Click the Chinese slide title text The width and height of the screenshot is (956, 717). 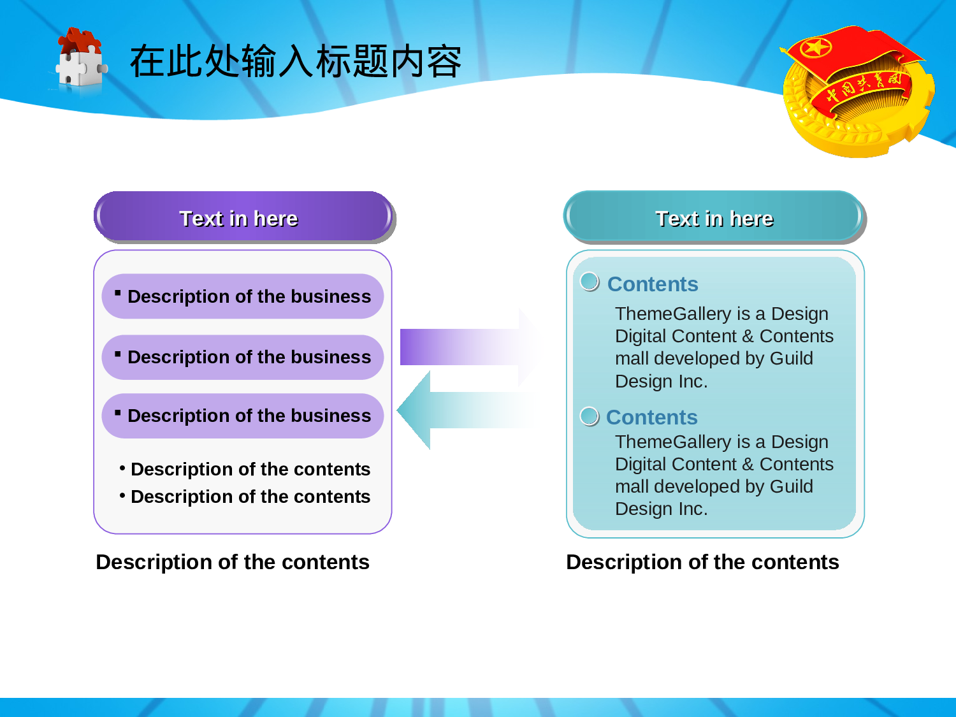(296, 61)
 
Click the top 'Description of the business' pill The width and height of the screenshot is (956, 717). (243, 296)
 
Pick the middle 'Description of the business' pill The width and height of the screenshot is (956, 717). (243, 357)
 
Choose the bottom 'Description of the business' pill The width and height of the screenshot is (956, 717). (243, 416)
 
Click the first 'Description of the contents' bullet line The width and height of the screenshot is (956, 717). (245, 469)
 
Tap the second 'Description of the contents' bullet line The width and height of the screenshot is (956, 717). (245, 496)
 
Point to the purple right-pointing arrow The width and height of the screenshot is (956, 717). (470, 347)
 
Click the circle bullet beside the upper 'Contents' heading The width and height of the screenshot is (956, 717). (590, 282)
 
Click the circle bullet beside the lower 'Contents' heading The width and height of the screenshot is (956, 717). (590, 417)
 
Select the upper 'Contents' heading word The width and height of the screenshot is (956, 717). (653, 284)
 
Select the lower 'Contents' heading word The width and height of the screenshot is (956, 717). (652, 417)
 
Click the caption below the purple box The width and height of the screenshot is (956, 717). (233, 562)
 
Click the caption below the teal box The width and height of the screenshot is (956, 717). (702, 562)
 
